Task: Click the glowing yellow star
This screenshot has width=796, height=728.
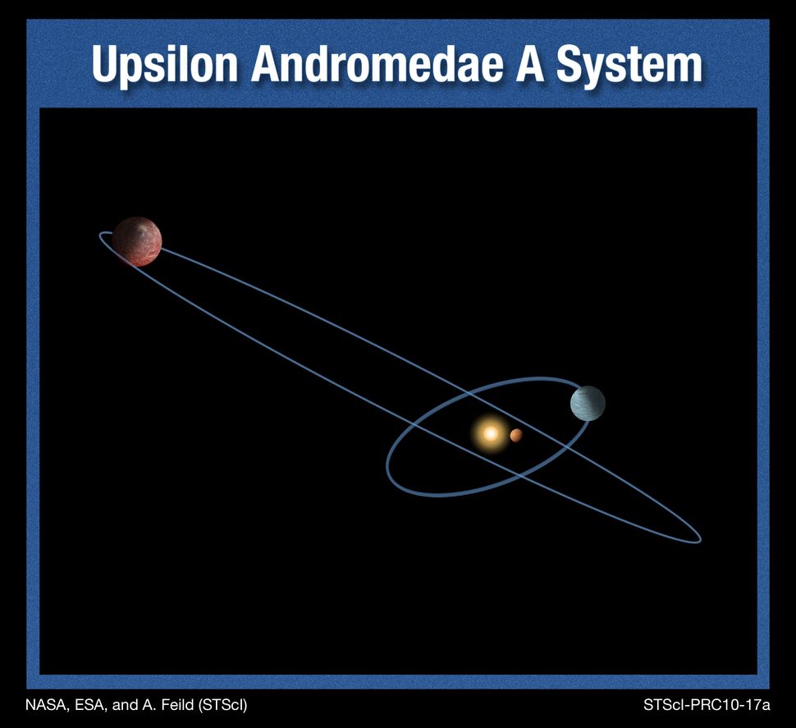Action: [490, 433]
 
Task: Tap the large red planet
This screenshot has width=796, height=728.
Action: [137, 241]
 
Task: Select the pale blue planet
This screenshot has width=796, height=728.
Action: [588, 403]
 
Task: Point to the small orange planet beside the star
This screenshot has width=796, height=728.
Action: [516, 436]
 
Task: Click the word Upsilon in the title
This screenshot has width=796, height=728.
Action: [165, 65]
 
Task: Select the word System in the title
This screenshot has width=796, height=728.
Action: [629, 65]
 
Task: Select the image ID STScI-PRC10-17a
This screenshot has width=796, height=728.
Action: [707, 704]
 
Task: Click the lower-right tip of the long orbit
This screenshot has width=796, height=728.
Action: [699, 540]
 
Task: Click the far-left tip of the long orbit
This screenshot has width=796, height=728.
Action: [100, 236]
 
